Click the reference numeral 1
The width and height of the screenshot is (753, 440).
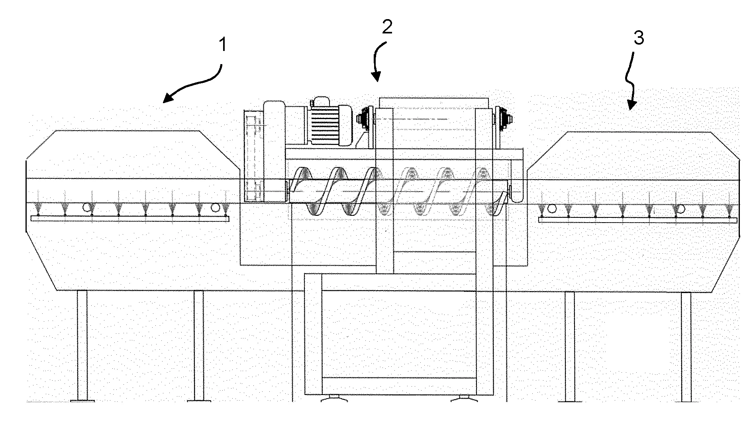click(223, 45)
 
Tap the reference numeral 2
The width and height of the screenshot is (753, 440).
click(387, 27)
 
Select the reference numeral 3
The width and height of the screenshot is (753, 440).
click(639, 38)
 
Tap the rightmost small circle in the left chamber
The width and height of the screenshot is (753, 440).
click(216, 207)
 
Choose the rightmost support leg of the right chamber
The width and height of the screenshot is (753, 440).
click(686, 346)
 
